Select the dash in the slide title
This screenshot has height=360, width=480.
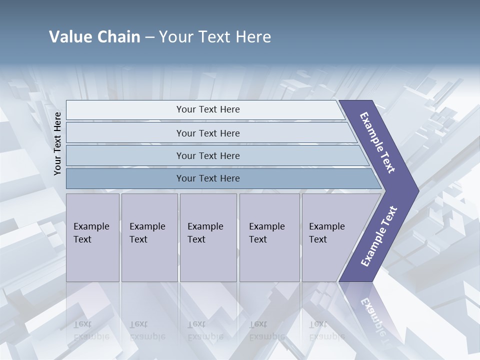[x=149, y=37]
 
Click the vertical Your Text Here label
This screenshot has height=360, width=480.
[x=57, y=143]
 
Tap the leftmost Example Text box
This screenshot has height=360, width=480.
[x=92, y=237]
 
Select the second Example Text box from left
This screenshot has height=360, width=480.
[x=149, y=237]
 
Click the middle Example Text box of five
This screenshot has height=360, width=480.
[x=207, y=237]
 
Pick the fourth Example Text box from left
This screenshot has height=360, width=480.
[x=269, y=237]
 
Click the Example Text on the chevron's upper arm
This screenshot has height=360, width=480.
[x=378, y=142]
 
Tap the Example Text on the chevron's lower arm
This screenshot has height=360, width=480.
[x=378, y=236]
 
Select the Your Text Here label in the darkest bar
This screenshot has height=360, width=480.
[x=208, y=178]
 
